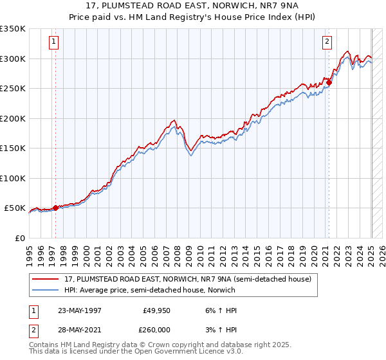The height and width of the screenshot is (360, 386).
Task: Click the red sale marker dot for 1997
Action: point(55,208)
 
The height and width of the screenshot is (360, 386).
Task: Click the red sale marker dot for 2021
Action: point(329,82)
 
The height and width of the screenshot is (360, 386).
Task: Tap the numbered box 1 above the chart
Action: point(53,42)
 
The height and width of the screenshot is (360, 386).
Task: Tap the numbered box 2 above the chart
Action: point(327,42)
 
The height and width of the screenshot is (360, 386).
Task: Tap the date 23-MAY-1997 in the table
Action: point(79,310)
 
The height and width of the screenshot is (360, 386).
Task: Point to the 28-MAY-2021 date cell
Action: point(79,329)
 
